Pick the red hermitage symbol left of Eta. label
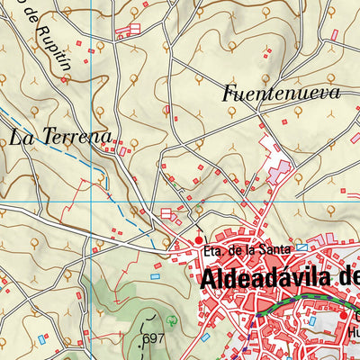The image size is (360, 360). (x=200, y=240)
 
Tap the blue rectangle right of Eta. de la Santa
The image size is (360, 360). (x=301, y=246)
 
